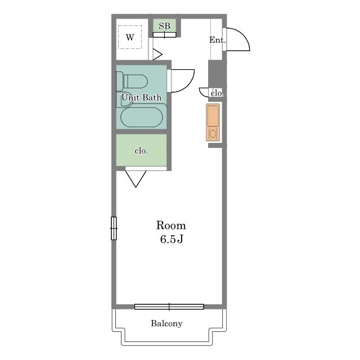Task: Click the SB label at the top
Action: coord(164,26)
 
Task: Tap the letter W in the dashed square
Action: coord(130,37)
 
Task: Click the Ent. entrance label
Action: coord(218,40)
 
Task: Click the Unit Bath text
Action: coord(141,97)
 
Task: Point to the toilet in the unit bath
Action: coord(132,81)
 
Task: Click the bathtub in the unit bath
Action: coord(142,117)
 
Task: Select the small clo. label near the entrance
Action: coord(217,93)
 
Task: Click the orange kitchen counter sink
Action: coord(213,116)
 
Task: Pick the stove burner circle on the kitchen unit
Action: coord(213,133)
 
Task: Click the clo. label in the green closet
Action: coord(141,151)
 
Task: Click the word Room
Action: coord(171,225)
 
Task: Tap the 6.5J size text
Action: coord(172,239)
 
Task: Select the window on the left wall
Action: coord(114,228)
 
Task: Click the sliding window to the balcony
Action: coord(169,307)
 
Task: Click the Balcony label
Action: coord(166,323)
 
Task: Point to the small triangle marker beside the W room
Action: coord(157,55)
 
